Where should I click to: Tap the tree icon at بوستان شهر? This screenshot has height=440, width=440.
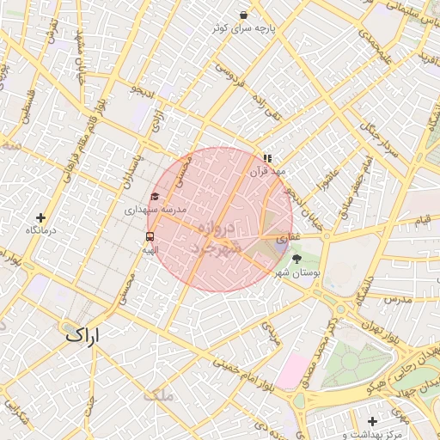(297, 258)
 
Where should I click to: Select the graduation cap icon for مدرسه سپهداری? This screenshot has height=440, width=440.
(155, 197)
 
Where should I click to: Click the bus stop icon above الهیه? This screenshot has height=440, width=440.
(150, 236)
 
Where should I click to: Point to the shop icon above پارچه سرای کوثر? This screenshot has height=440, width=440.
(244, 15)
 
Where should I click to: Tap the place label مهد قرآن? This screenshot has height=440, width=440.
(266, 172)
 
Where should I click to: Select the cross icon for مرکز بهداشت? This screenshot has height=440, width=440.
(371, 421)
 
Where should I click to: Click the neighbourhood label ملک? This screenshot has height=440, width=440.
(159, 394)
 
